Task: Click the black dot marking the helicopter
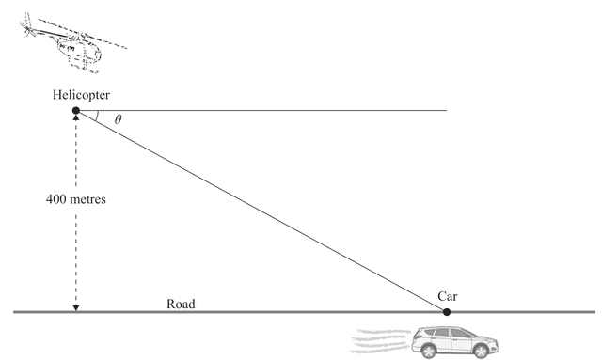click(x=76, y=111)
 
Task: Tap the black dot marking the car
click(x=447, y=311)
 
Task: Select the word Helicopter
click(x=83, y=95)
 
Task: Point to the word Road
click(x=181, y=304)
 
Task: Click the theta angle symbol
click(x=118, y=120)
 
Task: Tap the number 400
click(x=58, y=199)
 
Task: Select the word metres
click(x=90, y=199)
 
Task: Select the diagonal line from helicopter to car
click(x=263, y=212)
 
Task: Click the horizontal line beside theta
click(x=282, y=111)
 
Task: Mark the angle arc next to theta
click(x=98, y=117)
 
